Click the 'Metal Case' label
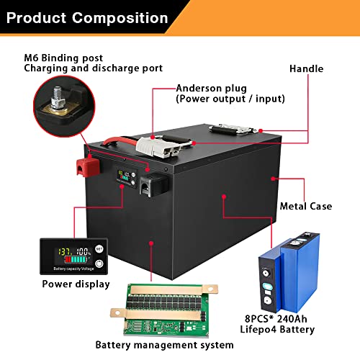[x=306, y=206]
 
